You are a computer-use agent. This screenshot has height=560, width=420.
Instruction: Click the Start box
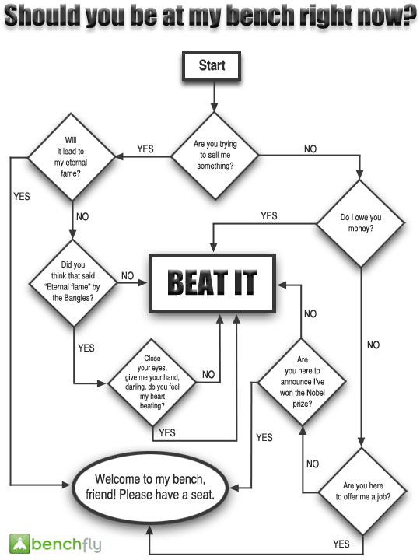click(212, 66)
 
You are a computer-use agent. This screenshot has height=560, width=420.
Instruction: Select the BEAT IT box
click(212, 284)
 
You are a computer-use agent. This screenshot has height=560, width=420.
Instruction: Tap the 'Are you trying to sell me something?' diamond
click(215, 156)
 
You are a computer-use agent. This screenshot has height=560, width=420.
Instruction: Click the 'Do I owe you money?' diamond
click(361, 223)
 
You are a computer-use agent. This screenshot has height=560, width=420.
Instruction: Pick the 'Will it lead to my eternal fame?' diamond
click(72, 157)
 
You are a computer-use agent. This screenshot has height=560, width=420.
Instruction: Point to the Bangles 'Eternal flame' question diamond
click(73, 283)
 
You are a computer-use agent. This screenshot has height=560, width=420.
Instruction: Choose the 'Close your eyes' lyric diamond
click(152, 383)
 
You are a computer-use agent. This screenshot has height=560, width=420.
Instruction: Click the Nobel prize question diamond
click(302, 382)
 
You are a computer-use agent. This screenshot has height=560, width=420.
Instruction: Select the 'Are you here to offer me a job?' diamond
click(362, 492)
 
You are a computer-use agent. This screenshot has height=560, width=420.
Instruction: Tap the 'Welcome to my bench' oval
click(150, 487)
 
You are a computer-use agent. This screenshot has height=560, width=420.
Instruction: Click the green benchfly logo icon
click(19, 544)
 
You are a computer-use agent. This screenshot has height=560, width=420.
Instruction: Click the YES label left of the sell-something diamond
click(145, 149)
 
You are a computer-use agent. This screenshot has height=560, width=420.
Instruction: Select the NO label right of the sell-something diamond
click(310, 149)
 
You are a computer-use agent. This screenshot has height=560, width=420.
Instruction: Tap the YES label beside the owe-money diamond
click(269, 215)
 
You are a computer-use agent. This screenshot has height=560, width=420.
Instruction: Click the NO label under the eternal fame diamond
click(82, 216)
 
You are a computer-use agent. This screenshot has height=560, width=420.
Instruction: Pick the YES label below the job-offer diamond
click(341, 544)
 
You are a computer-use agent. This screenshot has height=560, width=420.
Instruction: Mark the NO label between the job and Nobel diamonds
click(313, 464)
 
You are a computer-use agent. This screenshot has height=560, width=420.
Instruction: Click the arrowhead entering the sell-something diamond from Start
click(215, 108)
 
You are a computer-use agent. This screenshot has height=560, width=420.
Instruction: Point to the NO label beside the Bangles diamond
click(128, 275)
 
